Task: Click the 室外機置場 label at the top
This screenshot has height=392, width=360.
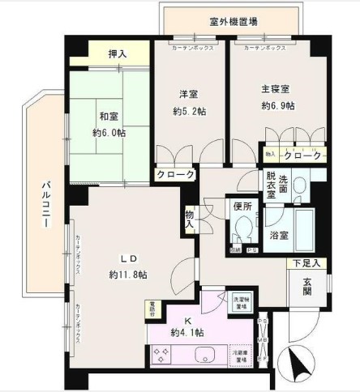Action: click(234, 22)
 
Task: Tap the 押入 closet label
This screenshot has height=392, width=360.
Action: click(118, 54)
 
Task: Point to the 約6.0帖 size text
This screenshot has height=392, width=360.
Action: click(109, 133)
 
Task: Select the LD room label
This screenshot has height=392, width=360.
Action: click(128, 258)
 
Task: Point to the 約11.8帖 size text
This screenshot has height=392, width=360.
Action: click(128, 275)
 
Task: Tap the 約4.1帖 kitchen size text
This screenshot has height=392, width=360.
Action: click(187, 333)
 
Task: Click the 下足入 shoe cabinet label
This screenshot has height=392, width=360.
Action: click(308, 263)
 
